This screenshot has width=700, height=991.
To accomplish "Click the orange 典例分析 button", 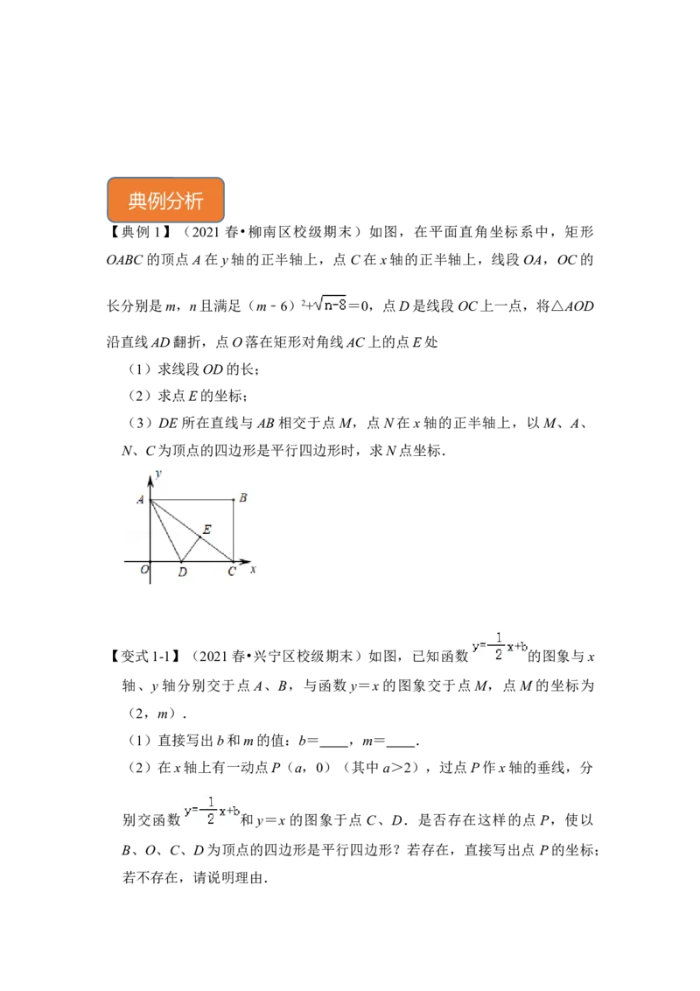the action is click(167, 200).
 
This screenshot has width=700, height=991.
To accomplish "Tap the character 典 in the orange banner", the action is click(137, 201).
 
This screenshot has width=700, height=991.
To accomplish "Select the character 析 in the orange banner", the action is click(194, 201).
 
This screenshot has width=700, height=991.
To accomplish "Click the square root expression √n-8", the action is click(330, 305).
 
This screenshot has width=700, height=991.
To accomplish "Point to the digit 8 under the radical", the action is click(343, 305).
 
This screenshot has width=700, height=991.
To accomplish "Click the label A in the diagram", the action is click(140, 500).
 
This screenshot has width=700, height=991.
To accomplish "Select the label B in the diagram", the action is click(242, 498).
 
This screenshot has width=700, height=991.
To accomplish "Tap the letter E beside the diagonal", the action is click(206, 530).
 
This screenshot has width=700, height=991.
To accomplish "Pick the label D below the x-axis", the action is click(182, 573).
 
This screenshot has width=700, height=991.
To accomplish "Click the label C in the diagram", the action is click(231, 573).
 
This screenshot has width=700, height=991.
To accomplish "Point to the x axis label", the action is click(253, 570).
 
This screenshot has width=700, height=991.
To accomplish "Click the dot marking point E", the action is click(199, 537).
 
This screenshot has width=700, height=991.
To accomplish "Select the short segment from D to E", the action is click(190, 549).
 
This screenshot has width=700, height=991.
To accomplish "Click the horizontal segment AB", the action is click(192, 500).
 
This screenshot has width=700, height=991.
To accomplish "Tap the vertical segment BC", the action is click(233, 531).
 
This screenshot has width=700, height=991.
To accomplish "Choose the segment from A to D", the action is click(166, 531).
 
